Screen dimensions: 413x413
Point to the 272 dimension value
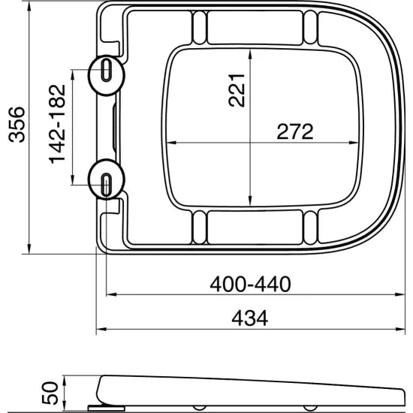294,131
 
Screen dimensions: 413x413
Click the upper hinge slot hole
105,72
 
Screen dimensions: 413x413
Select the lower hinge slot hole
105,180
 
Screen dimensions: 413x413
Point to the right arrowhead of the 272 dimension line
354,143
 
